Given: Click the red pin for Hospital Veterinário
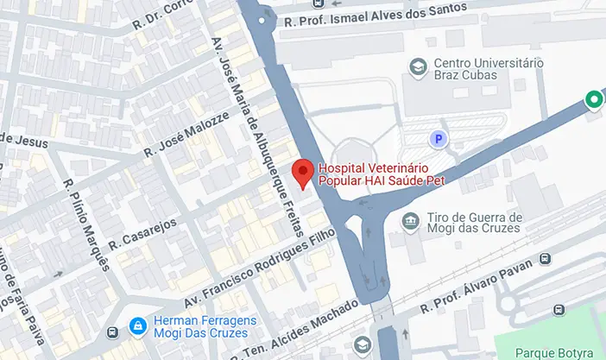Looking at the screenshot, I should pos(301,172).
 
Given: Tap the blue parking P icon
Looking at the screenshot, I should pos(439,138).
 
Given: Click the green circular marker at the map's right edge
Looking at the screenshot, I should pos(594,100).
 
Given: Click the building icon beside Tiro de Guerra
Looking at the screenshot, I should pos(412,223).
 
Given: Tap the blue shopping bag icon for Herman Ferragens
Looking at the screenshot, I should pos(136,325).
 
